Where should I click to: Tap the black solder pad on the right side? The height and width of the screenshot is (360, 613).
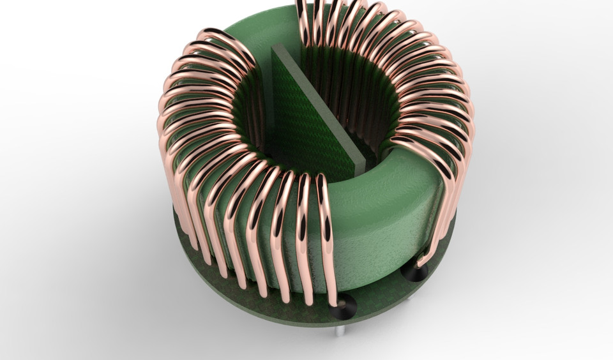click(414, 273)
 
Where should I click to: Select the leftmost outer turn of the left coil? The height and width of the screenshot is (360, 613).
click(165, 140)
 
